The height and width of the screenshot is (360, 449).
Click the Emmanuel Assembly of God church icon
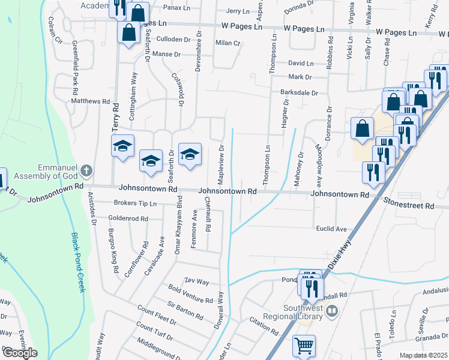coord(86,171)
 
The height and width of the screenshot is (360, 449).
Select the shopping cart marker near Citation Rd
coord(304,346)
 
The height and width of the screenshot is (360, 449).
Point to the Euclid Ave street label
coord(332,229)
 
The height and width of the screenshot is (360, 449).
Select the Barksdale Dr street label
coord(298,93)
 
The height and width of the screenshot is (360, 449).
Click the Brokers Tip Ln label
coord(135,203)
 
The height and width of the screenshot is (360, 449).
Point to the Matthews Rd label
coord(91,102)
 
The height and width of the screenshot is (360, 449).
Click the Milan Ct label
coord(228,43)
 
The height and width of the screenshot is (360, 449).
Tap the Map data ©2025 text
coord(423,355)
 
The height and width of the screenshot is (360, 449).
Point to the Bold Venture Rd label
coord(191,295)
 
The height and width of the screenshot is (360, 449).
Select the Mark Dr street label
coord(300,77)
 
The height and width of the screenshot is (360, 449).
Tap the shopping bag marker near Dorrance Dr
coord(362,128)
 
